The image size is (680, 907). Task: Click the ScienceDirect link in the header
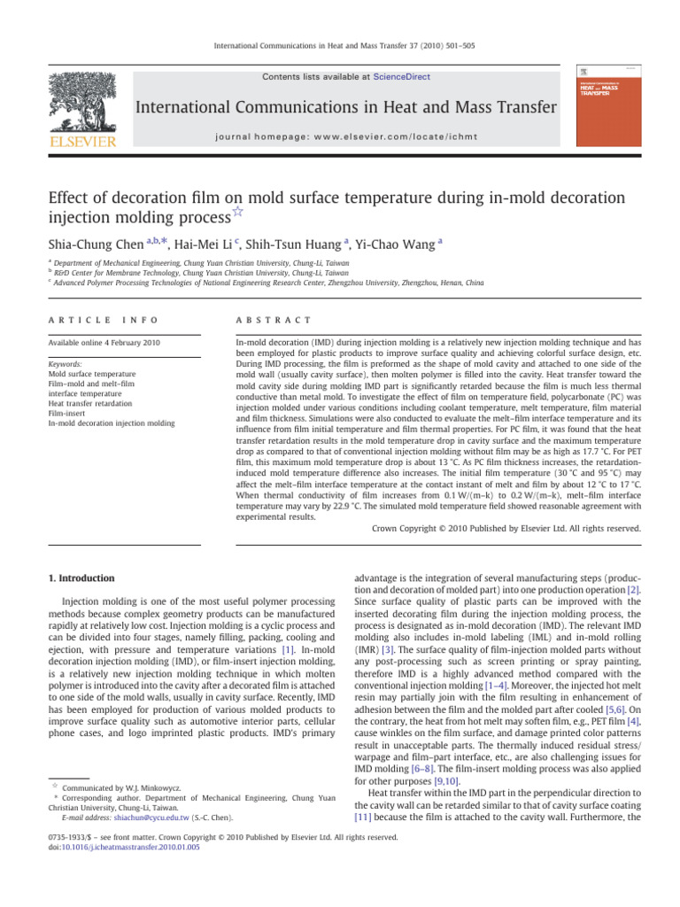402,77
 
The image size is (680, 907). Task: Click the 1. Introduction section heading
79,578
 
